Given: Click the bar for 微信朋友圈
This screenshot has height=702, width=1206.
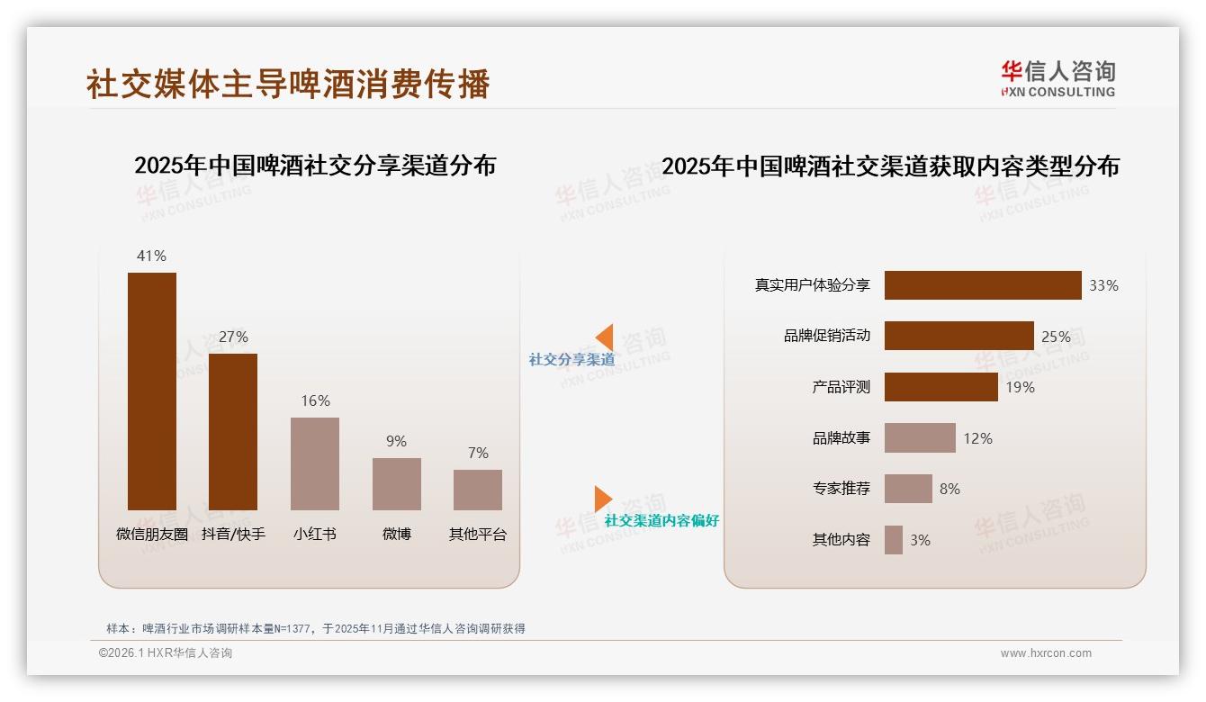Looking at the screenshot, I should (x=152, y=391).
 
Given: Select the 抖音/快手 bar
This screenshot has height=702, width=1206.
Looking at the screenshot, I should (x=233, y=431).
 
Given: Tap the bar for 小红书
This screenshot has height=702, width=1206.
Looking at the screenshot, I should (x=315, y=463).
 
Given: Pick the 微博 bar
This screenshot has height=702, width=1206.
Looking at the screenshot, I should (x=397, y=484).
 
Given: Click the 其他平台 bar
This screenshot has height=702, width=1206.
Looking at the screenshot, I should (x=478, y=490).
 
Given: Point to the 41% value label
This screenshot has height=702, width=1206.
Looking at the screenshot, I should (x=151, y=256).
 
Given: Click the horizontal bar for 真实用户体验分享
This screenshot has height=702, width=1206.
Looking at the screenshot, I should (x=983, y=285).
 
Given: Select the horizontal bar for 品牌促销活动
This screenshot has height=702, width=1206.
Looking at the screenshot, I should (x=958, y=336).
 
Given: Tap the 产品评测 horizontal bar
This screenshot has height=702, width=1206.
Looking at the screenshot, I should (x=940, y=387).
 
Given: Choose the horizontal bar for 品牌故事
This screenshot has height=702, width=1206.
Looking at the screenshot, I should (x=920, y=438).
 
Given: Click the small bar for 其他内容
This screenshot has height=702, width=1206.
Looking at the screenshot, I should (x=894, y=540).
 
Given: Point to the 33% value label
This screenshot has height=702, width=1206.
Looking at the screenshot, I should (x=1103, y=285).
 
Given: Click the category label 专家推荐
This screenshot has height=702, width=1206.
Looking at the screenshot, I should (x=841, y=489).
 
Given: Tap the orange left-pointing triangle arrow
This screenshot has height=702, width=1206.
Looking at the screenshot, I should (x=605, y=337).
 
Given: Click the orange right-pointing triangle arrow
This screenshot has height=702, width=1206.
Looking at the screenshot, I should (x=602, y=499).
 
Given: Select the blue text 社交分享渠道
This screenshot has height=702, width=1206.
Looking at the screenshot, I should (x=571, y=360).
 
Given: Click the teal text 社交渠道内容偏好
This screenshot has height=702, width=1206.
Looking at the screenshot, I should (x=661, y=521).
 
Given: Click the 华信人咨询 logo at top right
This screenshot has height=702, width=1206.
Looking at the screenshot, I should (x=1057, y=79).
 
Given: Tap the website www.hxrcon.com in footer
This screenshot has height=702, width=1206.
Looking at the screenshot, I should (x=1046, y=653).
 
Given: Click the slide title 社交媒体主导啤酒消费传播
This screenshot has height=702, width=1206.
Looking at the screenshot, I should (x=288, y=84).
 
